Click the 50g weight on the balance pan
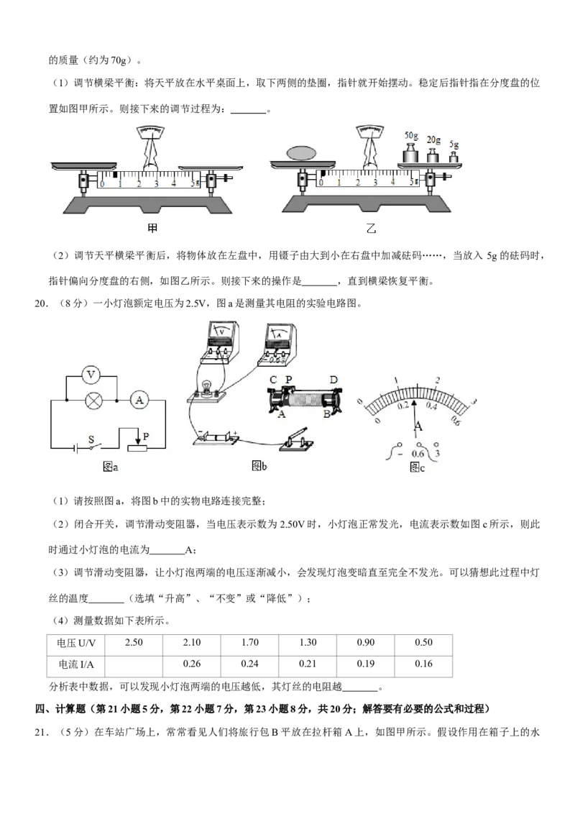[x=411, y=154]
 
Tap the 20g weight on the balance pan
[x=433, y=155]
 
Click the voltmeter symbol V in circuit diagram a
[x=91, y=375]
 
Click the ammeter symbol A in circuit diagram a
[x=139, y=401]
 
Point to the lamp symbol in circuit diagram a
[x=93, y=401]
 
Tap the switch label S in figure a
[x=91, y=439]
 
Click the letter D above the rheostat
[x=333, y=380]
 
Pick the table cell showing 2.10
[x=191, y=643]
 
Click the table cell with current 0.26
[x=191, y=664]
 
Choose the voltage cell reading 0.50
[x=423, y=643]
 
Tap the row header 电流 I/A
[x=75, y=664]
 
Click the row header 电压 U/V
[x=75, y=643]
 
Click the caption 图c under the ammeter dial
[x=418, y=467]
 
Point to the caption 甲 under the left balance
[x=152, y=227]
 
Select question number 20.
[x=41, y=304]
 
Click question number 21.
[x=41, y=733]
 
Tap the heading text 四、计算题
[x=62, y=709]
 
